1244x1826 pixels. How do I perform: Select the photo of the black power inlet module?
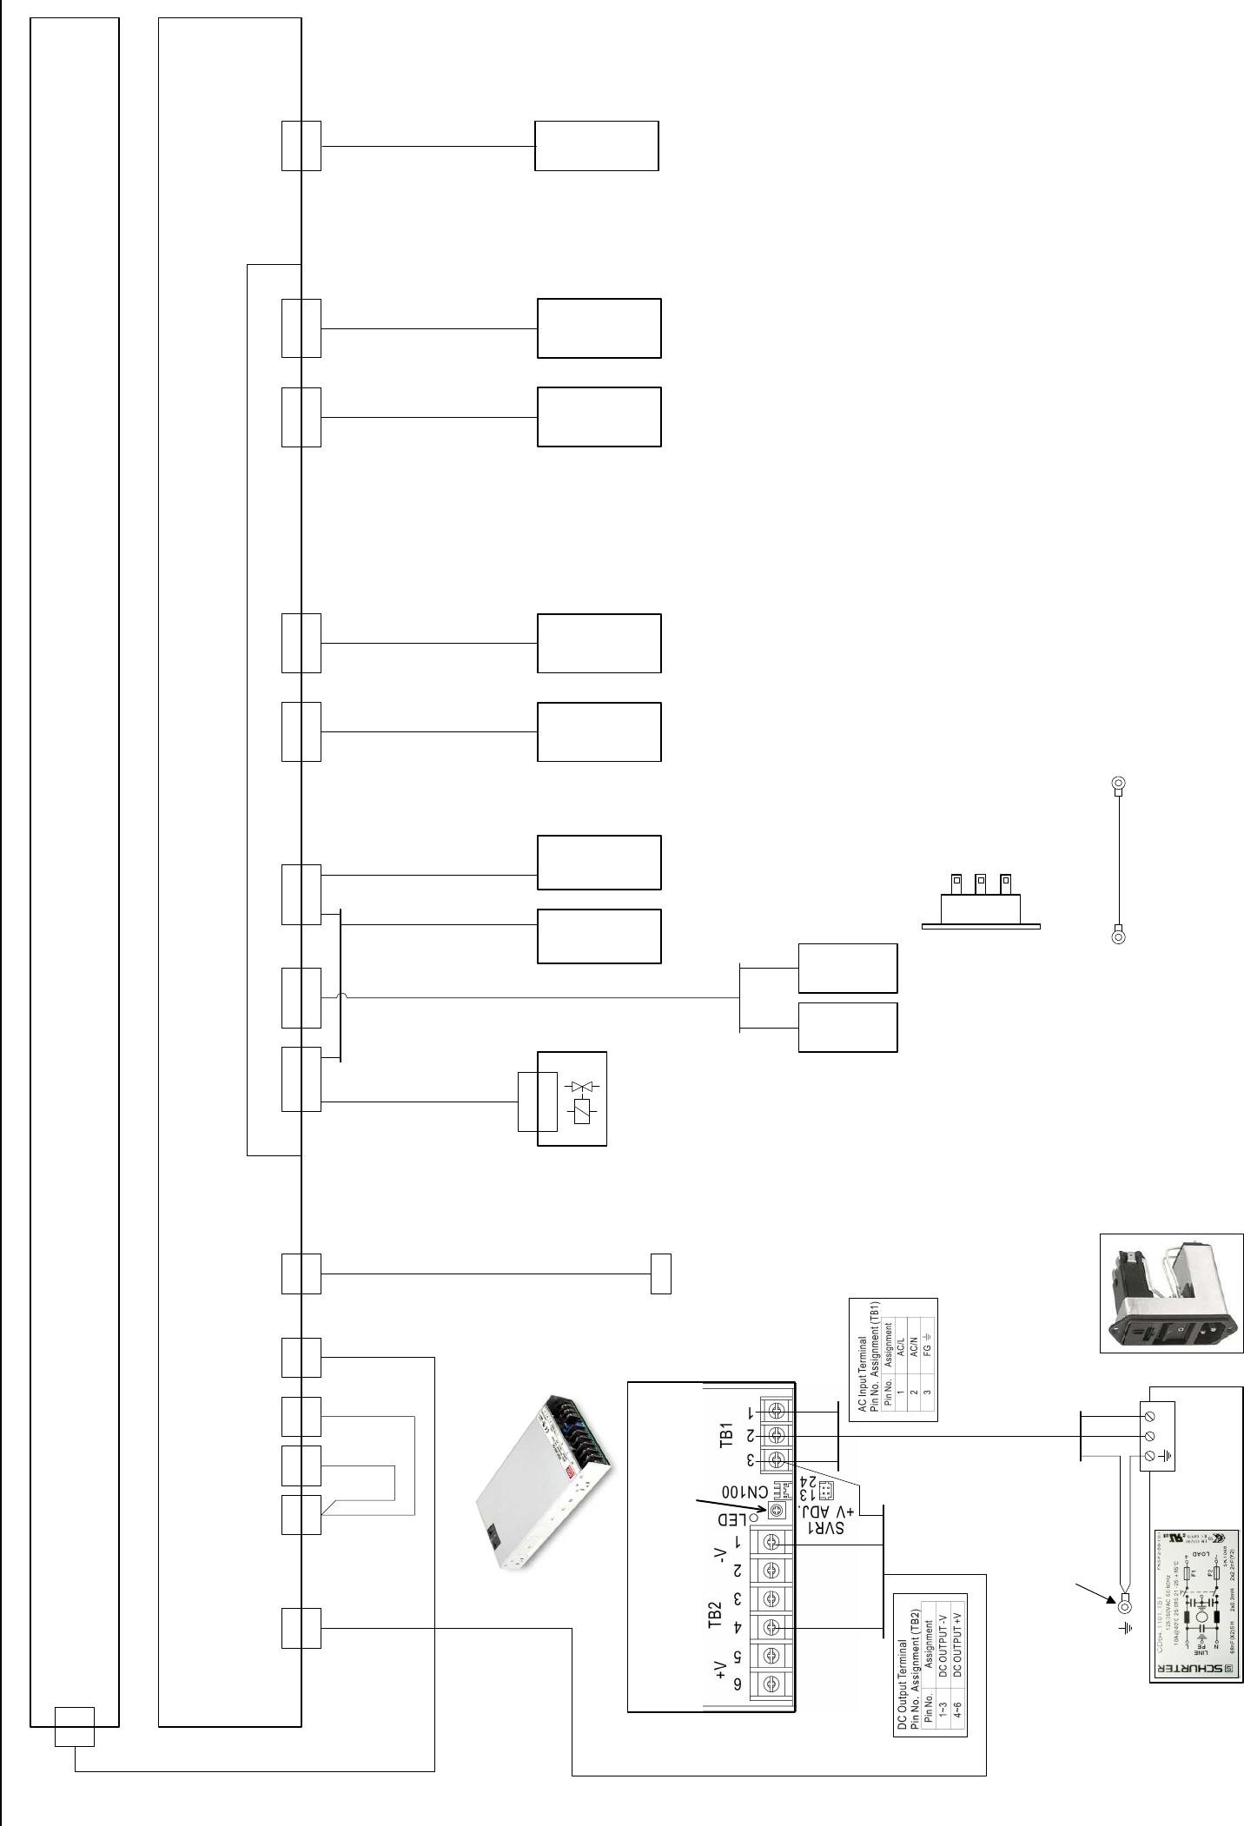1171,1293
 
